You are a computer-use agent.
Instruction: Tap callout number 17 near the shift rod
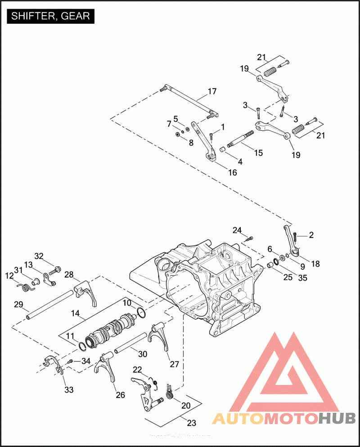[x=212, y=92]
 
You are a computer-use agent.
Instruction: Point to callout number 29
[x=18, y=304]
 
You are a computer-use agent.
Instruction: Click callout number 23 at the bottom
[x=191, y=422]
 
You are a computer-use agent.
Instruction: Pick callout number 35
[x=302, y=278]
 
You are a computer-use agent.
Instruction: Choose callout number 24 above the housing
[x=237, y=230]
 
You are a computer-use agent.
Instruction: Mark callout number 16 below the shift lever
[x=232, y=172]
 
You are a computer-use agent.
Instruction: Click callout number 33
[x=68, y=390]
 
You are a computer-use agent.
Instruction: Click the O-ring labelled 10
[x=140, y=313]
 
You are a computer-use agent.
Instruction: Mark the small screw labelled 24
[x=251, y=237]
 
